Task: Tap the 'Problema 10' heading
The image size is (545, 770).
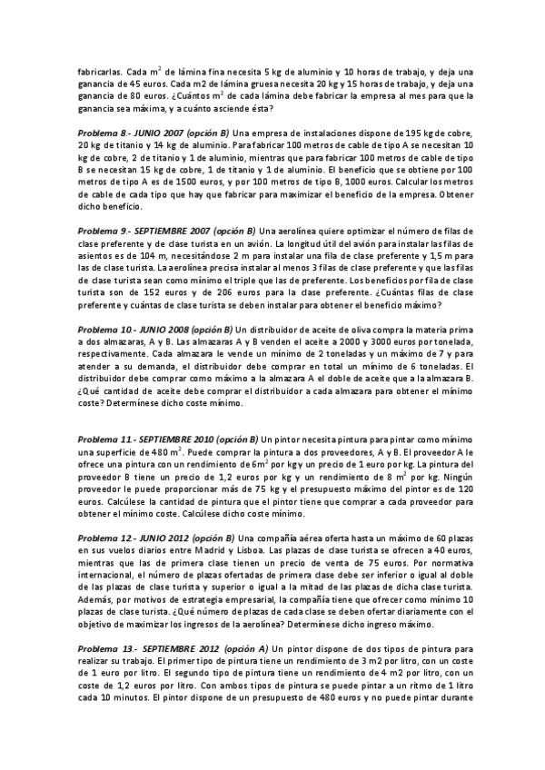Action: [105, 329]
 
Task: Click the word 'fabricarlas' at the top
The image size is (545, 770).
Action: [101, 72]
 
